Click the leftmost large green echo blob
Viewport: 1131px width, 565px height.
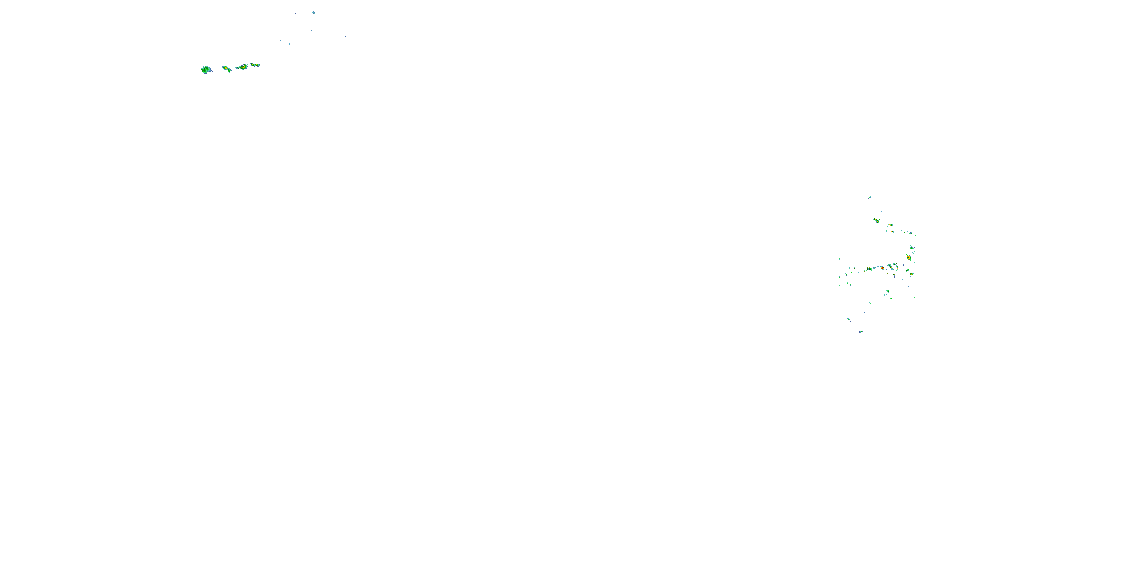(206, 69)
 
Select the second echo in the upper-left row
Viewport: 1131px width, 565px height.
(226, 69)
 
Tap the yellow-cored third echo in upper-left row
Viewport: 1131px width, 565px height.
(242, 67)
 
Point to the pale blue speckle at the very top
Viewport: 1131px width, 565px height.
(314, 13)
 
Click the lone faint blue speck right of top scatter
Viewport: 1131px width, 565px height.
(345, 37)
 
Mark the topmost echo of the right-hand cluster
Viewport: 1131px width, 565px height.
(870, 197)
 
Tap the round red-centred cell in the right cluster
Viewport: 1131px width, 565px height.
(882, 267)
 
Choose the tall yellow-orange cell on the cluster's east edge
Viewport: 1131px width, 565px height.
(909, 258)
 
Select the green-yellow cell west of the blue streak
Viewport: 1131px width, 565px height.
(869, 269)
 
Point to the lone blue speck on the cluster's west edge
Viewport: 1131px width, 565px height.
(840, 259)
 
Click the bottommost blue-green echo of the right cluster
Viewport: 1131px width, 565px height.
(861, 331)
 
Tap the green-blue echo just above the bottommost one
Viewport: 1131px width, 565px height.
(849, 319)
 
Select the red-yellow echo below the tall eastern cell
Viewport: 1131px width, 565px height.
(912, 274)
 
